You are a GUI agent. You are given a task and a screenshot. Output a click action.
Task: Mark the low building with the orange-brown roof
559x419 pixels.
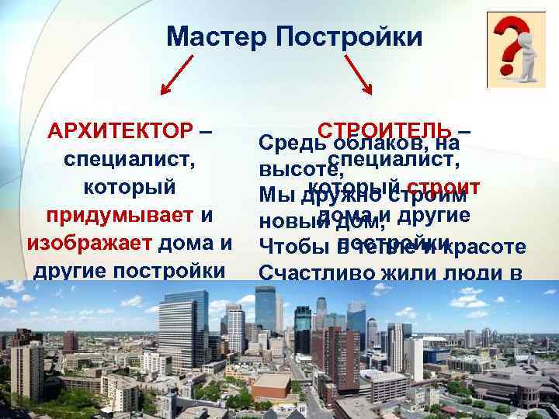point(272,383)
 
